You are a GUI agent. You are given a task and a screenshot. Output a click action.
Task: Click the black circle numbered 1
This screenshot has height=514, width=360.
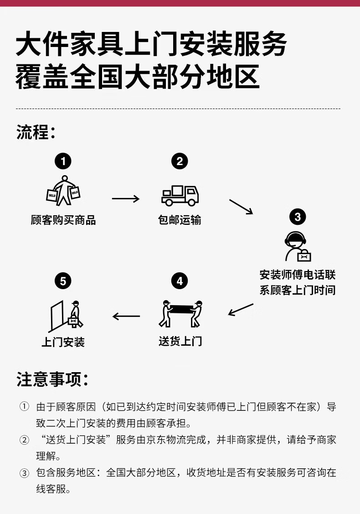(63, 161)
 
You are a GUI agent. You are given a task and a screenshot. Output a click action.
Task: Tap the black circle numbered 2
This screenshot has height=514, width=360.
(180, 161)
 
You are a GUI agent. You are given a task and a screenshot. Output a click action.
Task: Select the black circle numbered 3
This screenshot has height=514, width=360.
(298, 216)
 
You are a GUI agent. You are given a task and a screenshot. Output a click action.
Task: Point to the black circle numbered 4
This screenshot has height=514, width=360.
(180, 281)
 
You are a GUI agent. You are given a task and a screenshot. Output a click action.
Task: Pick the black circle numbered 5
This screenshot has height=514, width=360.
(63, 281)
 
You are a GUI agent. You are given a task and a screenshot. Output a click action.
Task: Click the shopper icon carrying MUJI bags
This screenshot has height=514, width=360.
(63, 190)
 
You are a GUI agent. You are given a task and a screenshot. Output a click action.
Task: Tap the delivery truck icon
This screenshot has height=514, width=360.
(180, 195)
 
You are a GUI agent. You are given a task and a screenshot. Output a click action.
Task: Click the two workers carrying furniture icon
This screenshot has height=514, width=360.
(180, 313)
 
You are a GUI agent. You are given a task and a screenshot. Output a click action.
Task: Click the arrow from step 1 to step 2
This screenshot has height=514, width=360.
(125, 198)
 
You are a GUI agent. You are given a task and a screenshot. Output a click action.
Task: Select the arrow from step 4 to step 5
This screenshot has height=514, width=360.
(126, 316)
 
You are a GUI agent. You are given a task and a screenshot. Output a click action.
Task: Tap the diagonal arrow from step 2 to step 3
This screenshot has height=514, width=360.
(241, 206)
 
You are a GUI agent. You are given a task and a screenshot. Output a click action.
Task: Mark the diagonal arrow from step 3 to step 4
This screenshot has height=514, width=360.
(241, 309)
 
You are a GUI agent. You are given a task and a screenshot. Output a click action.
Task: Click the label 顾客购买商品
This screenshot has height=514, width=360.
(63, 220)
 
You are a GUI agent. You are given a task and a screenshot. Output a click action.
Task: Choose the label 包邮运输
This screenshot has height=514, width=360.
(180, 220)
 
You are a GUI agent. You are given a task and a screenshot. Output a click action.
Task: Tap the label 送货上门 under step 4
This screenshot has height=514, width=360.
(180, 341)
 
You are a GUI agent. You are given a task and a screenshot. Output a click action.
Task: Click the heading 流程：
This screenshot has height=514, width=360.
(36, 132)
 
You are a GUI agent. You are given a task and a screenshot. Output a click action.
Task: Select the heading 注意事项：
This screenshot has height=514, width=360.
(52, 379)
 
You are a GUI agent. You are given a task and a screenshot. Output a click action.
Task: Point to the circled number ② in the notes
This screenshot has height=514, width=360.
(24, 441)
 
